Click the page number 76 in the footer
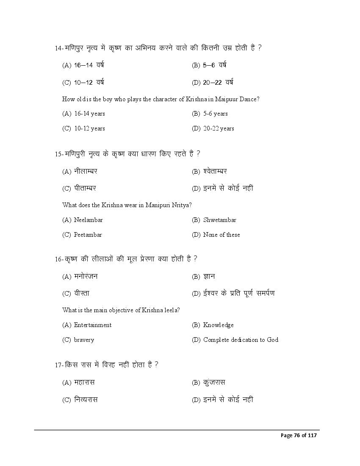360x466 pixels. click(297, 435)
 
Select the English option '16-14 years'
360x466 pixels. click(89, 114)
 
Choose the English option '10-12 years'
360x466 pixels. click(89, 128)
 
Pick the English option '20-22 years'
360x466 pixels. click(219, 128)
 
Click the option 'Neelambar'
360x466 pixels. click(88, 220)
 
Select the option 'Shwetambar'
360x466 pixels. click(219, 220)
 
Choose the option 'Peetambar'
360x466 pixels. click(88, 235)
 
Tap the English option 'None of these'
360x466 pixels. click(221, 235)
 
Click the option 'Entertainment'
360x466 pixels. click(92, 325)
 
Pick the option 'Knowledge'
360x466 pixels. click(218, 325)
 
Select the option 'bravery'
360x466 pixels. click(84, 340)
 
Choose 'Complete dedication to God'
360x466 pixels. click(241, 340)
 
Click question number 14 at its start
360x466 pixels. click(59, 48)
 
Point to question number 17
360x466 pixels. click(59, 365)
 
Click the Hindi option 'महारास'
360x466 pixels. click(84, 383)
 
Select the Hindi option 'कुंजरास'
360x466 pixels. click(214, 383)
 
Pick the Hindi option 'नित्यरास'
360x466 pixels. click(86, 399)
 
